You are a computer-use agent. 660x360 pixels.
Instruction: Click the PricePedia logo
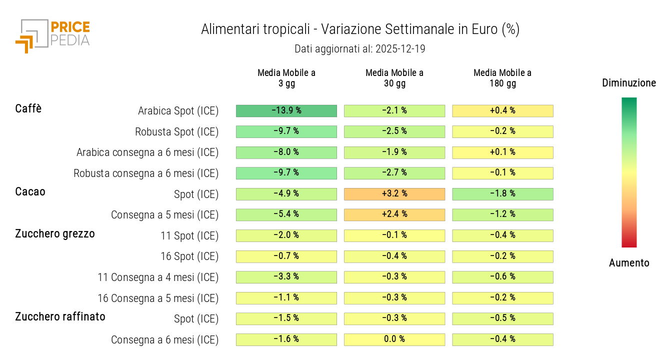tap(52, 35)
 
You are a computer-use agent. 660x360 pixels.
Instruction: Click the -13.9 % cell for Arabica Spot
tap(286, 110)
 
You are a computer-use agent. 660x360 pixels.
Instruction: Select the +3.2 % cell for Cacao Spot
tap(394, 194)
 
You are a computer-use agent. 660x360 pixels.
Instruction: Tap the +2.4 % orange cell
tap(394, 214)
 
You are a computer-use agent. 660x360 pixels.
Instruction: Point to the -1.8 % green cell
tap(502, 194)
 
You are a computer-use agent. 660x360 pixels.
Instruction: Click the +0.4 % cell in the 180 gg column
tap(502, 110)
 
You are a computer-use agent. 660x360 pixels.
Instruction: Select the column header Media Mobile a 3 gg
tap(286, 78)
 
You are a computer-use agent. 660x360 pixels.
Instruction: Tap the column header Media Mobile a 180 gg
tap(502, 78)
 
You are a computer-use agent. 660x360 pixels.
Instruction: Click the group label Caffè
tap(28, 108)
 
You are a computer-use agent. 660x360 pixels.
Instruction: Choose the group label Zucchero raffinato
tap(60, 316)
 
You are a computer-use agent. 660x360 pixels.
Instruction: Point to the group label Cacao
tap(30, 191)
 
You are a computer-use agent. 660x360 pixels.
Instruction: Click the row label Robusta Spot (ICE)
tap(177, 132)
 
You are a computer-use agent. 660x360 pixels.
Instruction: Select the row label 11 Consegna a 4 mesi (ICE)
tap(158, 277)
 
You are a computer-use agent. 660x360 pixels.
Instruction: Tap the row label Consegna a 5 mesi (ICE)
tap(165, 215)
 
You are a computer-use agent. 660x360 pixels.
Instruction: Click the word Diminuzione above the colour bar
tap(629, 83)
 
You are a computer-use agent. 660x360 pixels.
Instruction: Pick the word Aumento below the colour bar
tap(629, 263)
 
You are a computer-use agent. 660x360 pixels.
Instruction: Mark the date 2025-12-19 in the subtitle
tap(398, 49)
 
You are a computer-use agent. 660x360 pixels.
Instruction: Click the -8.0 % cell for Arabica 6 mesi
tap(286, 152)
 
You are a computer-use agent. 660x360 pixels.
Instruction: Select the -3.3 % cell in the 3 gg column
tap(286, 277)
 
